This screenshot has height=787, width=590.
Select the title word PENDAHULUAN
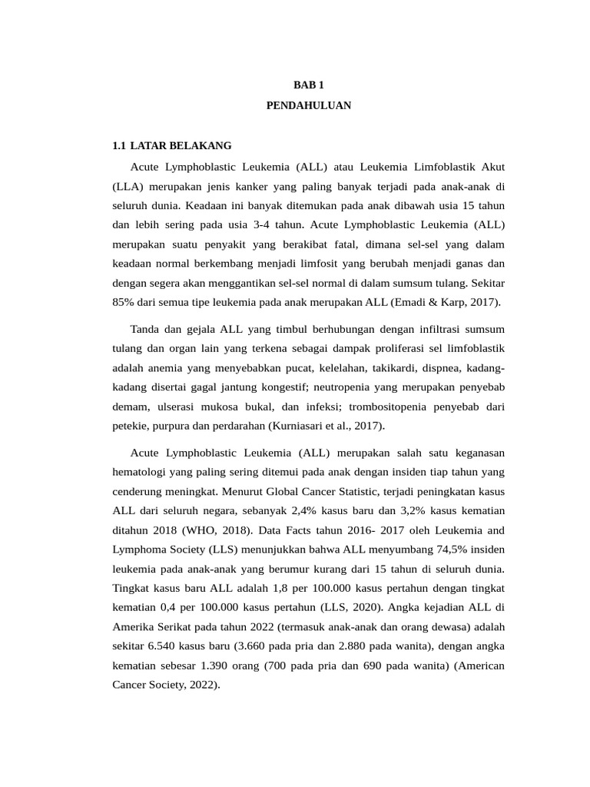(x=308, y=105)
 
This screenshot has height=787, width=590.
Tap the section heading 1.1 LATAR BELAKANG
(x=171, y=145)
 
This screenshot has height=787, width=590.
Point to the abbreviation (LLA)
(x=128, y=186)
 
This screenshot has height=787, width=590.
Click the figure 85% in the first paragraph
(x=124, y=301)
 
